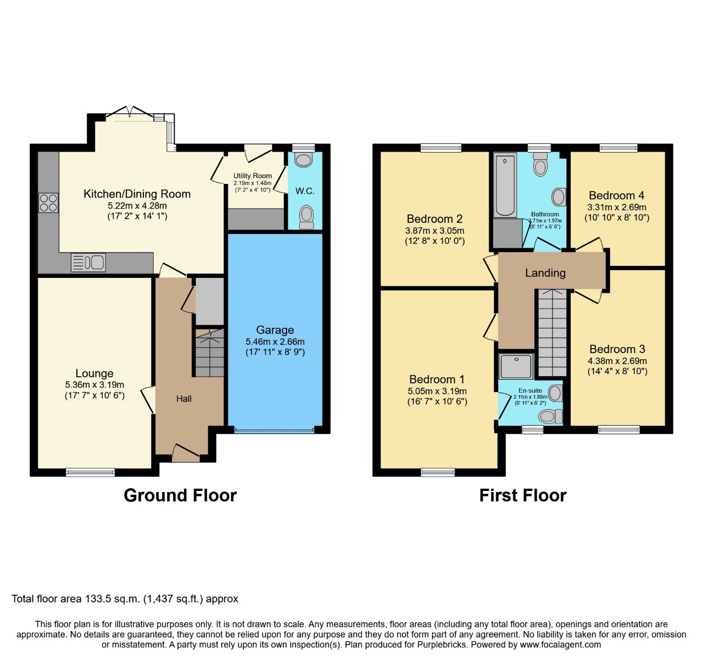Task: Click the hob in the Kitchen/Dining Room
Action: point(48,203)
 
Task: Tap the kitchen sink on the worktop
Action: point(88,263)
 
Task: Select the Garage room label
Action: point(275,330)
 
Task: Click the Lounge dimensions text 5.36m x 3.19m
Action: point(94,385)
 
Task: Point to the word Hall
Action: point(184,399)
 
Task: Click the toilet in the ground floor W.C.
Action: point(306,216)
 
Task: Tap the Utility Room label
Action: point(253,176)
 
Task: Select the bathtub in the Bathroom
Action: point(505,186)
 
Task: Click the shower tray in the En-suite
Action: point(516,366)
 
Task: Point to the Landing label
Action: point(545,273)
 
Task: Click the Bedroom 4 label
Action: point(616,196)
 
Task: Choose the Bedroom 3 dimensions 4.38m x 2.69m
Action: point(617,361)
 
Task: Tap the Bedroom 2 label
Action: point(434,219)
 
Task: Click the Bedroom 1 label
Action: point(437,379)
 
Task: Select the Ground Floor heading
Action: point(180,495)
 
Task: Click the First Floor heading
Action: point(522,495)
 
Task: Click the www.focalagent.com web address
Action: point(560,645)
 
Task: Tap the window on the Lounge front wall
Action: point(90,472)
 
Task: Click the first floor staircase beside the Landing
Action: point(552,333)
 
